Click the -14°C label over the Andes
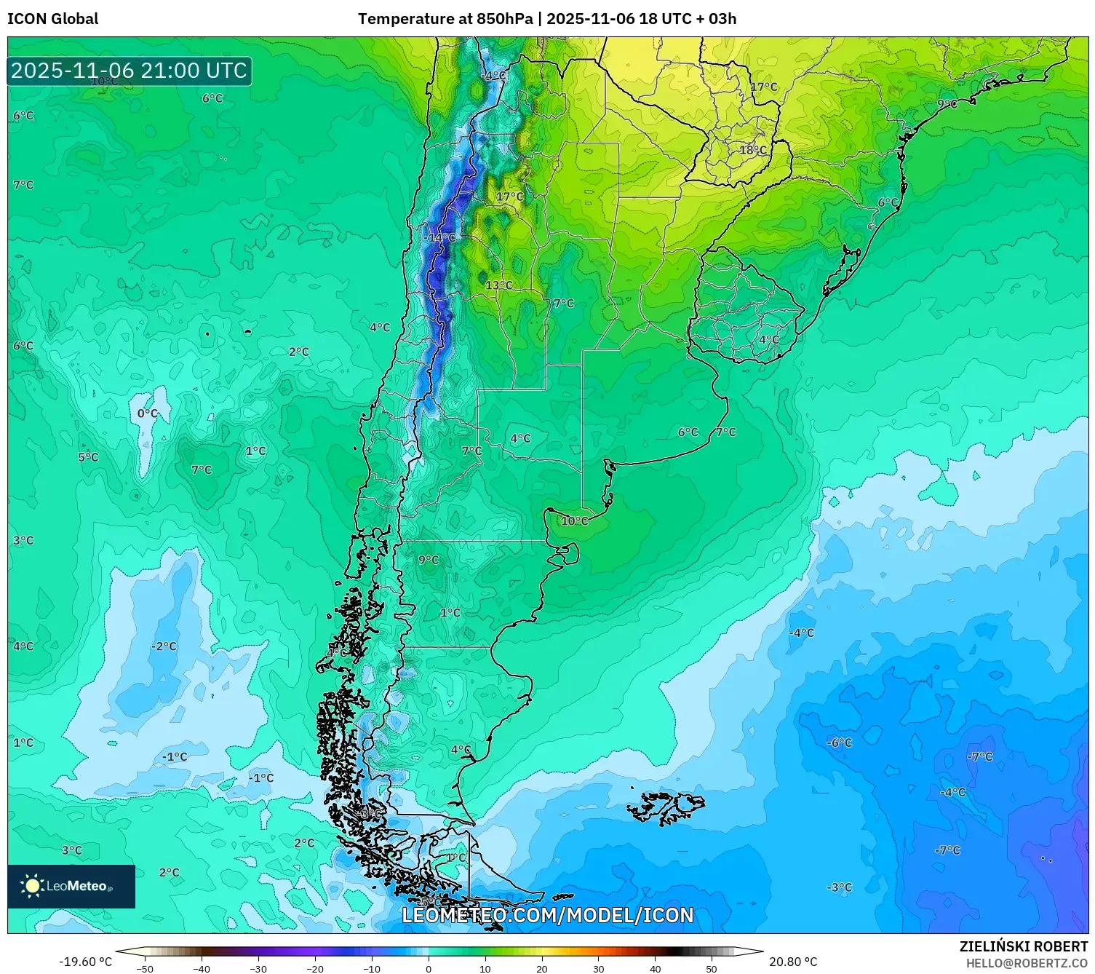[440, 237]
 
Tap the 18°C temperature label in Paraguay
[753, 150]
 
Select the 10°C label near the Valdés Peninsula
[574, 520]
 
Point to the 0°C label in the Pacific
[147, 413]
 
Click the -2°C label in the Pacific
[164, 646]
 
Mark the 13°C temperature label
[499, 285]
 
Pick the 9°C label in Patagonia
[429, 560]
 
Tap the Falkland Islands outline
[666, 807]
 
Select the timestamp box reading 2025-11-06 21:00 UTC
[130, 71]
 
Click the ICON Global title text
[52, 19]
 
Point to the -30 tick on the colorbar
[258, 969]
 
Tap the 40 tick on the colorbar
[655, 969]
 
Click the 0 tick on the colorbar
[429, 969]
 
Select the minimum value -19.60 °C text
[85, 962]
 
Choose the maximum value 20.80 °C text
[793, 962]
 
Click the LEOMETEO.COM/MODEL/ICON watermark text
[547, 915]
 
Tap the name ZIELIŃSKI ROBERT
[1023, 946]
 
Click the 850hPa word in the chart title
[504, 19]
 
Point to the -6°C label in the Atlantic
[840, 743]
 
